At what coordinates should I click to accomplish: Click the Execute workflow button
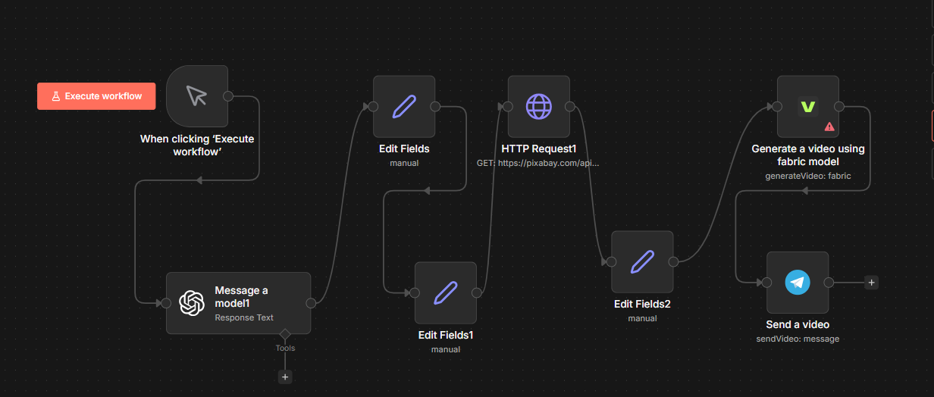[x=96, y=96]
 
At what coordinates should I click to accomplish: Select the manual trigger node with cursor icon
[x=197, y=96]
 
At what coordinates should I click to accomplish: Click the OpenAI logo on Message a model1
[x=192, y=303]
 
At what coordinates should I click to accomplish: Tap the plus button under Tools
[x=285, y=377]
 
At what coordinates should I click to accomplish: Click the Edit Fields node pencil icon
[x=404, y=107]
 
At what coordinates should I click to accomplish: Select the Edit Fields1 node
[x=446, y=293]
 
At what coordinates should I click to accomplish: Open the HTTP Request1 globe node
[x=539, y=107]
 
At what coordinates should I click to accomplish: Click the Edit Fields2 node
[x=642, y=261]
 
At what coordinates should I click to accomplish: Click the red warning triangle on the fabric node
[x=829, y=127]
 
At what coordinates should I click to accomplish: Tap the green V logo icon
[x=808, y=107]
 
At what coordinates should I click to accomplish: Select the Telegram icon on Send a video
[x=798, y=283]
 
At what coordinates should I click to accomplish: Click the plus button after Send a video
[x=872, y=283]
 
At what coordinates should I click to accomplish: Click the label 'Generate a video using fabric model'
[x=808, y=155]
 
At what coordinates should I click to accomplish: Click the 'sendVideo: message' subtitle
[x=798, y=339]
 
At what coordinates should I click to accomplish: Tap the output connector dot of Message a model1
[x=311, y=303]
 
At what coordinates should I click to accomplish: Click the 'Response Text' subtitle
[x=244, y=317]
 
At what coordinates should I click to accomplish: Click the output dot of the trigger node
[x=228, y=96]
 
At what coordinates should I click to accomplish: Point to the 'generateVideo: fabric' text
[x=808, y=176]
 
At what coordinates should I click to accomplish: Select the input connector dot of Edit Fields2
[x=611, y=261]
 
